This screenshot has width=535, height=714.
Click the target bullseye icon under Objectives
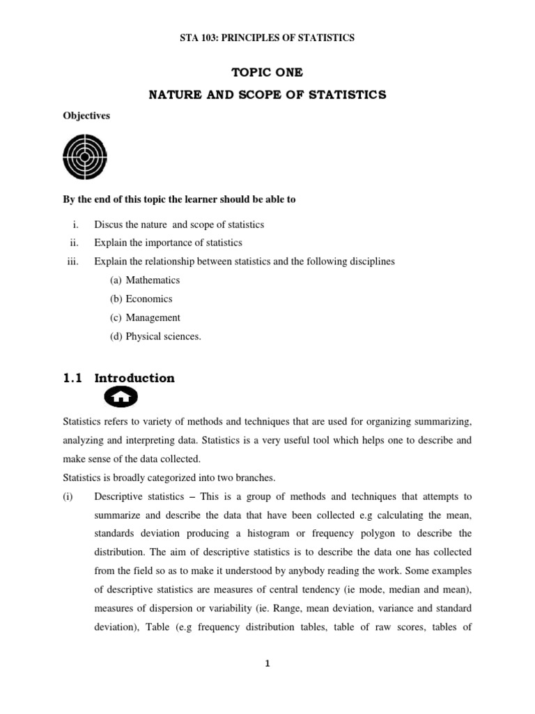[85, 157]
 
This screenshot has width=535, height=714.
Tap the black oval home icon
[121, 397]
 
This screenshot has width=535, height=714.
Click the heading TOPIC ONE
[267, 72]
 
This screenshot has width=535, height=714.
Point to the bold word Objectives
[86, 116]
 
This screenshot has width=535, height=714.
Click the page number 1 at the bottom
[267, 664]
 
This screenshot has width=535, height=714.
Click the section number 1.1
[72, 378]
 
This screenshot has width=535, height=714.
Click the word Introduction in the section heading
[134, 378]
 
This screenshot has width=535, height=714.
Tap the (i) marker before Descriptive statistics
[69, 496]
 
